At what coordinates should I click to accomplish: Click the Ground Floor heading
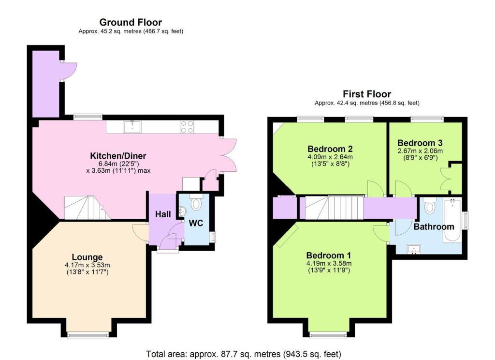(131, 22)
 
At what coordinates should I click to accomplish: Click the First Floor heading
(366, 94)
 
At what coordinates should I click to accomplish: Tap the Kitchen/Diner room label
(118, 156)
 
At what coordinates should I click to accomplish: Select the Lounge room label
(87, 257)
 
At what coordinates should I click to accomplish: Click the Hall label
(162, 214)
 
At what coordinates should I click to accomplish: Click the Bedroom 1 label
(329, 255)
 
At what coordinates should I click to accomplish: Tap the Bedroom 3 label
(420, 143)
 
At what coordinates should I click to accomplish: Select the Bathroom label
(434, 226)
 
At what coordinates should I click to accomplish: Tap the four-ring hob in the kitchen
(187, 127)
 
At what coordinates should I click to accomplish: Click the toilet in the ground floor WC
(196, 203)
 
